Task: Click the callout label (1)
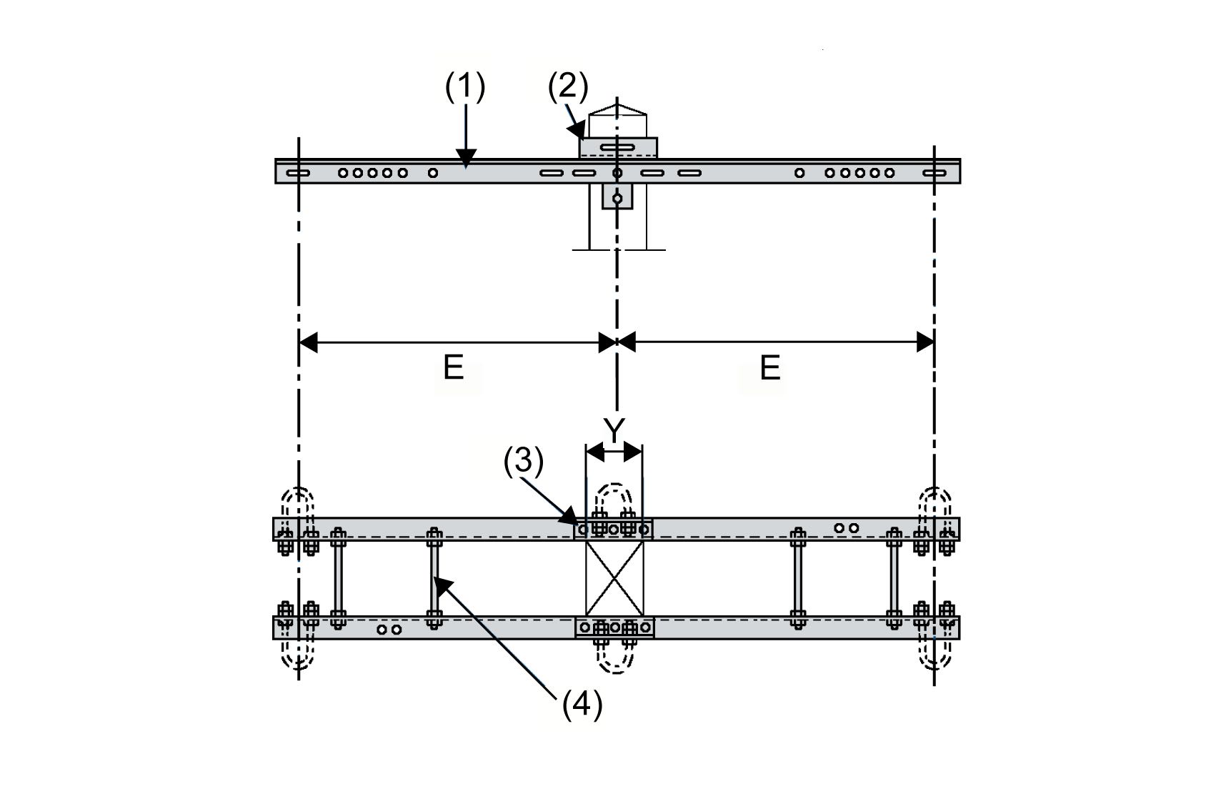tap(465, 87)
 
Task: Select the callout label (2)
tap(567, 87)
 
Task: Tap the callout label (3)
tap(524, 462)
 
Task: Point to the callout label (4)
tap(582, 705)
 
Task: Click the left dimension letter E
tap(454, 368)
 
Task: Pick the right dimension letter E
tap(769, 368)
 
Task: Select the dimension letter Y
tap(614, 430)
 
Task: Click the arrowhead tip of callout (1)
tap(466, 168)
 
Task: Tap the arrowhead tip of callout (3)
tap(577, 524)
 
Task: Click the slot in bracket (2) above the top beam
tap(617, 148)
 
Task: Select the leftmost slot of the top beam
tap(298, 173)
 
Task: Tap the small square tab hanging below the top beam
tap(617, 196)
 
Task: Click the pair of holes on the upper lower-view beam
tap(847, 528)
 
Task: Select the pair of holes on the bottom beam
tap(389, 630)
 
